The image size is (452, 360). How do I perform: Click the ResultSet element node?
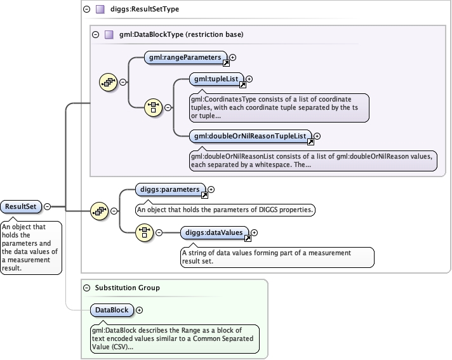click(21, 206)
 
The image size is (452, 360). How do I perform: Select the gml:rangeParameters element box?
click(185, 57)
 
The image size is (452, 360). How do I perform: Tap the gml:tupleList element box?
click(216, 79)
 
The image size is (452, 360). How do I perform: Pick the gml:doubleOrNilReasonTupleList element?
click(250, 136)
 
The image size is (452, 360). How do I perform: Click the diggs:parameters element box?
click(170, 189)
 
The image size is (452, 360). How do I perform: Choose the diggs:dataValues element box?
click(214, 232)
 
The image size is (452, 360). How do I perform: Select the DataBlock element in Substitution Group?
click(112, 310)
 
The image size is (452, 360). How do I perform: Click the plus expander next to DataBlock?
click(139, 310)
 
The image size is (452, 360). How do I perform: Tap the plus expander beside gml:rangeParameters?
click(232, 57)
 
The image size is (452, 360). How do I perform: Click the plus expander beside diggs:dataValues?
click(254, 232)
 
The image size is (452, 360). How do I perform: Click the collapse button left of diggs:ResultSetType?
click(87, 10)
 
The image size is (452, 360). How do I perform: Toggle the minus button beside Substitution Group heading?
click(87, 288)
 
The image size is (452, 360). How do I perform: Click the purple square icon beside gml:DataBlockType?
click(109, 34)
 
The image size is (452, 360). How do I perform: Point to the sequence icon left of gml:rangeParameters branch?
click(109, 82)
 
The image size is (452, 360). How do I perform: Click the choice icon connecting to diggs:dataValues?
click(144, 232)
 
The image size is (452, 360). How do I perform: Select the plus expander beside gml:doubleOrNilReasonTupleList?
click(317, 136)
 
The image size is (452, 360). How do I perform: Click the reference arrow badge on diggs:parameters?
click(204, 195)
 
